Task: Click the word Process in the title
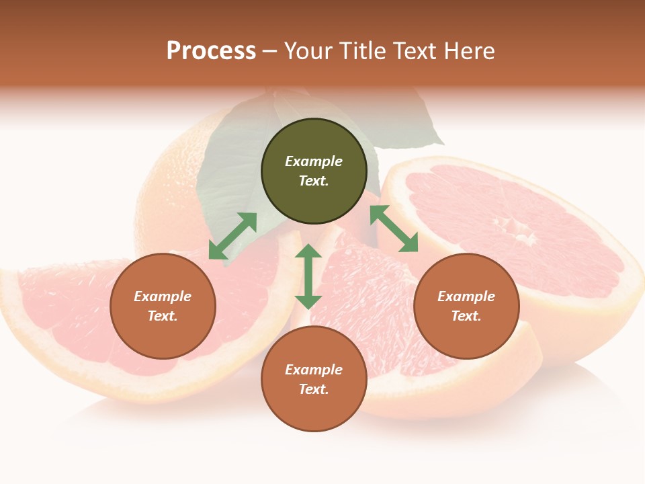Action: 211,51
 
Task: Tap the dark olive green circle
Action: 314,171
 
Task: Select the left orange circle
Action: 163,306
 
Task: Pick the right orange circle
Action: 466,306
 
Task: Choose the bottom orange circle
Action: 314,379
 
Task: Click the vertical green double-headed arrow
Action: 308,276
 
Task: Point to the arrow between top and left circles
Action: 233,236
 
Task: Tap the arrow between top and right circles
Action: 394,229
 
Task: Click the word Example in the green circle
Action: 314,161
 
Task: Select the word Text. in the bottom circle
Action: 314,389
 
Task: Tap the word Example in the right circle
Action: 466,296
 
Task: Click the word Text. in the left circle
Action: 163,316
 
